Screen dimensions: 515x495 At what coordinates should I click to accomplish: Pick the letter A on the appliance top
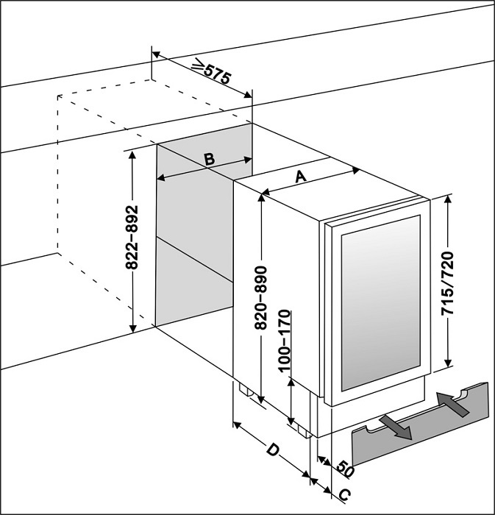[x=299, y=177]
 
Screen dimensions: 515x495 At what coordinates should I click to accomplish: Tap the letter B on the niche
[x=208, y=158]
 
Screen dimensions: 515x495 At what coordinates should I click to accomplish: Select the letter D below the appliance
[x=272, y=450]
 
